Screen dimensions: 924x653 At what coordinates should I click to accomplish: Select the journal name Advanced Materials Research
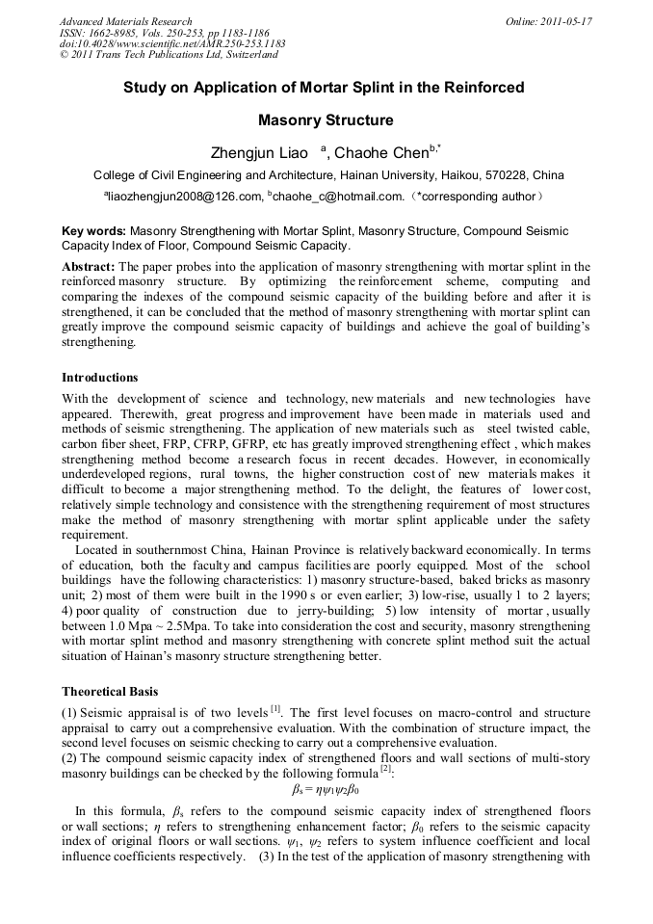[125, 21]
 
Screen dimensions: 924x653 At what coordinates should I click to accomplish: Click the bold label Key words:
[93, 231]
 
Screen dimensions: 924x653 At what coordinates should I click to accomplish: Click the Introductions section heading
[99, 378]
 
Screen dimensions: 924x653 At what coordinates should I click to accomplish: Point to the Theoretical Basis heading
[111, 692]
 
